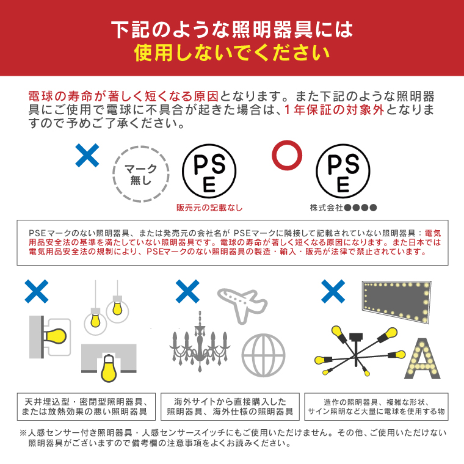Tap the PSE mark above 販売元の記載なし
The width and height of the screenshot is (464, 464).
coord(209,171)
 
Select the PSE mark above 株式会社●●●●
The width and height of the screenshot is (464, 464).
coord(343,171)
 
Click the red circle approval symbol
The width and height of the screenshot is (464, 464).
coord(287,143)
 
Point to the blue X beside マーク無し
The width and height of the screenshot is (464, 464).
coord(87,155)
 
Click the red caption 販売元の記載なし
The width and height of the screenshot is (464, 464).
coord(209,208)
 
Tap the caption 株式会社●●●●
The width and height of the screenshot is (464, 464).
coord(343,208)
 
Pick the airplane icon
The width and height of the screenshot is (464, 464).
coord(242,305)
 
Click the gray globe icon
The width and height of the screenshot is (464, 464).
coord(263,355)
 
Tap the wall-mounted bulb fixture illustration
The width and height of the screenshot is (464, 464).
coord(49,337)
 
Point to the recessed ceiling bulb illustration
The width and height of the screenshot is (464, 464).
coord(109,363)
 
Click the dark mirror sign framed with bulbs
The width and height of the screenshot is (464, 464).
coord(396,301)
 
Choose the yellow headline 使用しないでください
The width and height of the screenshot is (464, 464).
coord(232,53)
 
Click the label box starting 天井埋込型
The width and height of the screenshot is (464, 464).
coord(86,407)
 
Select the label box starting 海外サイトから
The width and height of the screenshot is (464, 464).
coord(230,407)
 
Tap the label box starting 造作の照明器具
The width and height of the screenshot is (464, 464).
coord(376,407)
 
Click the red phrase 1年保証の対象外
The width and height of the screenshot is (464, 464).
coord(334,110)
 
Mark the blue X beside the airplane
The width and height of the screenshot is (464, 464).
coord(187,291)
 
